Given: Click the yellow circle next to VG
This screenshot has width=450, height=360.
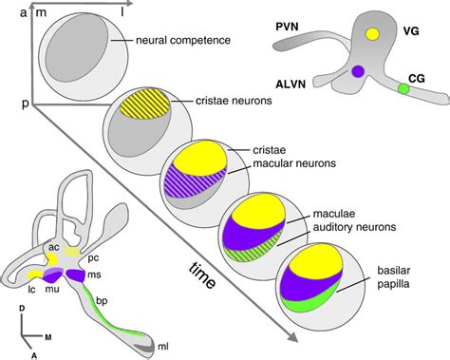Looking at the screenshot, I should click(373, 33).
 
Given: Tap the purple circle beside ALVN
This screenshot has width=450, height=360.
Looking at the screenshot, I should click(358, 71).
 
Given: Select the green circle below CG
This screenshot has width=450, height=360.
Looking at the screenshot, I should click(403, 88).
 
